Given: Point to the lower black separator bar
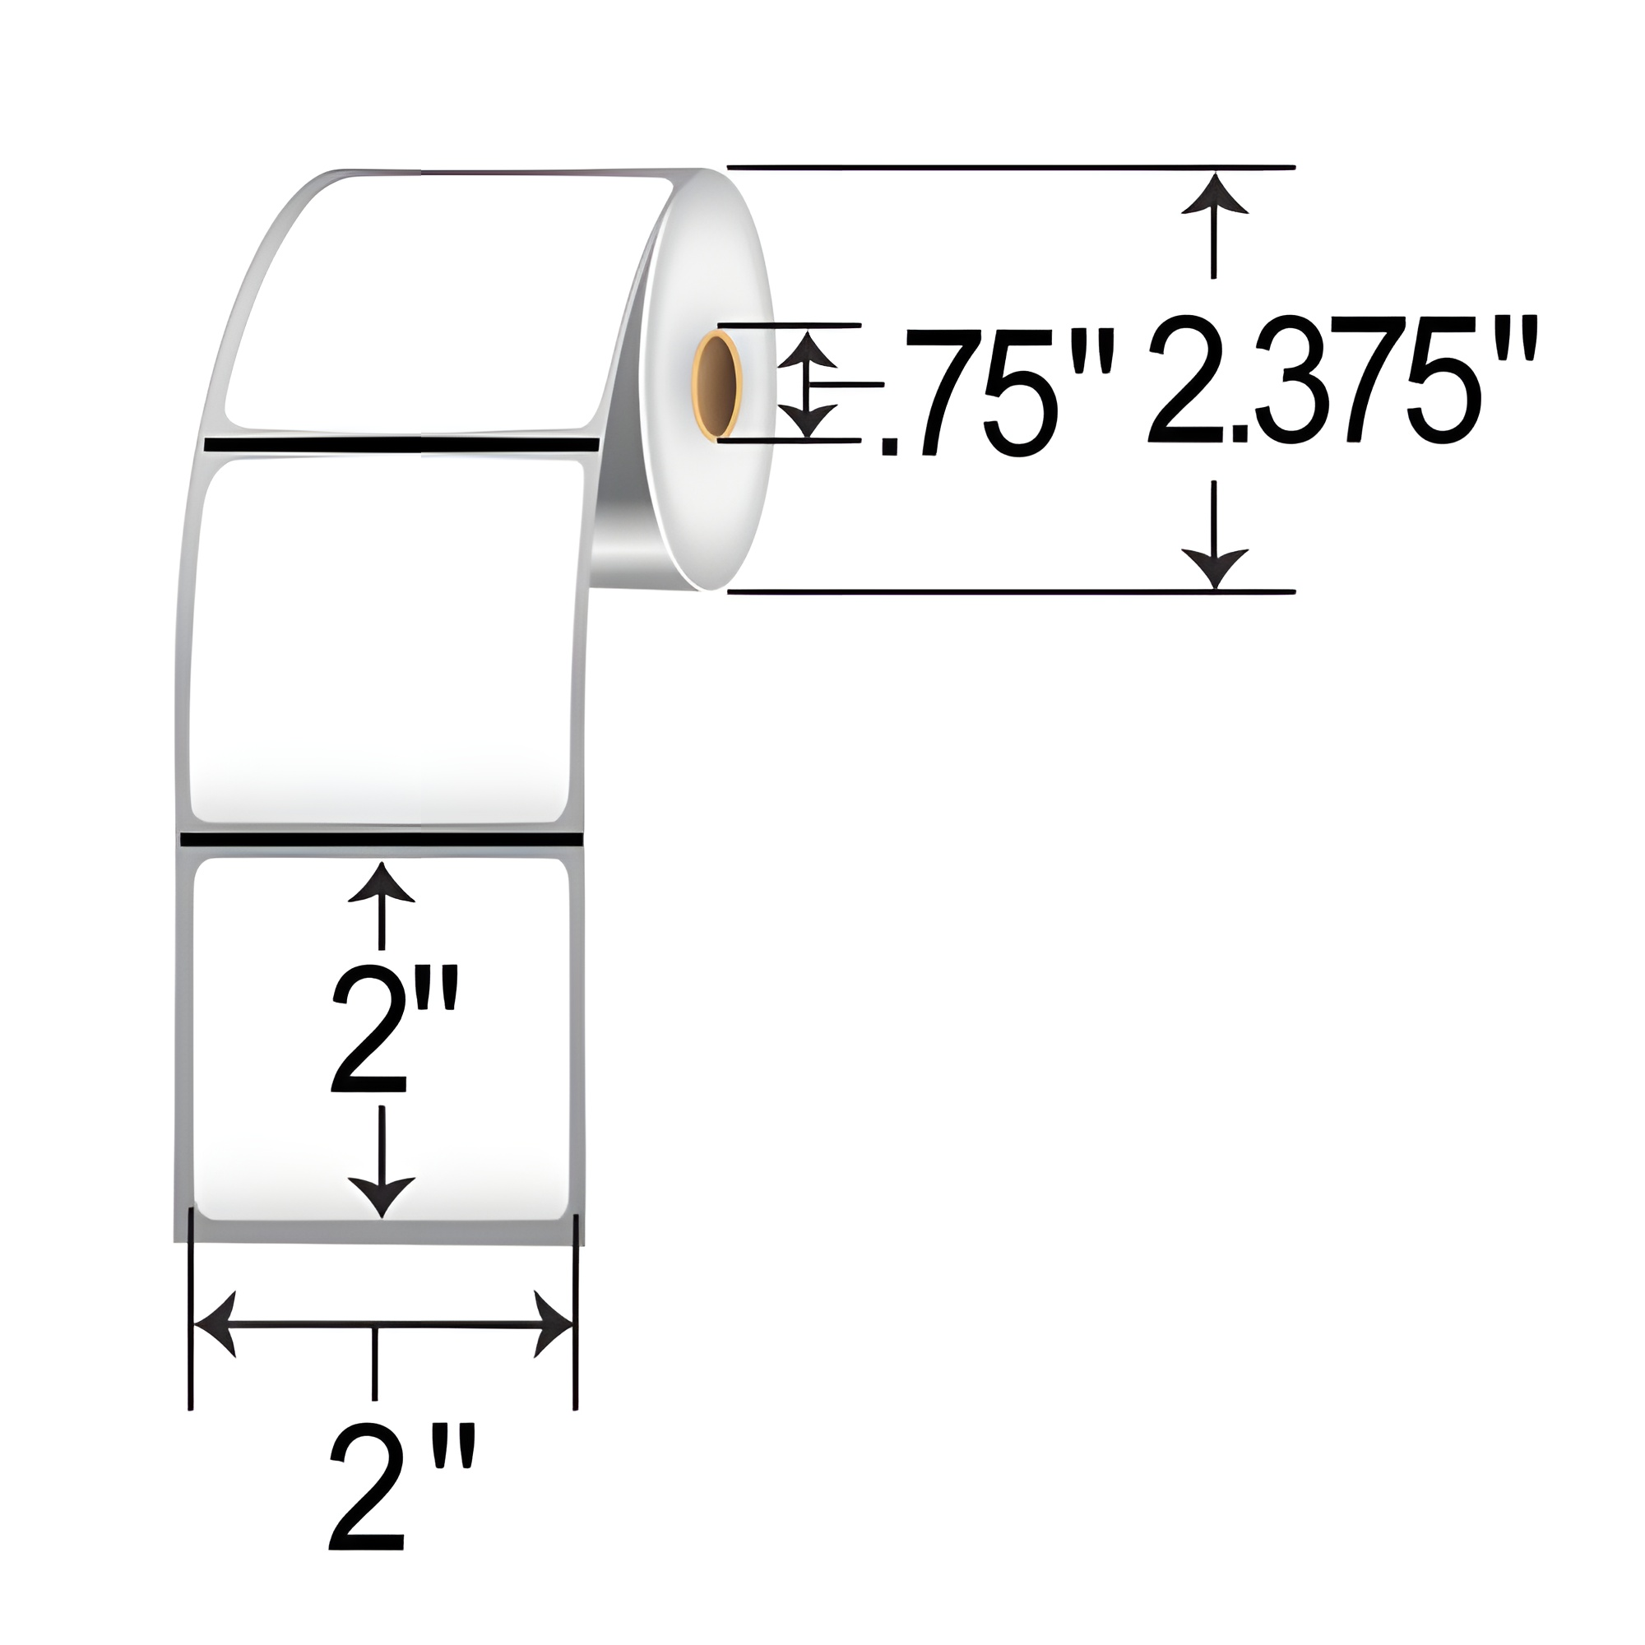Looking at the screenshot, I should pos(381,840).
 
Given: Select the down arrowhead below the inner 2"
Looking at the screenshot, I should pos(382,1195).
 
